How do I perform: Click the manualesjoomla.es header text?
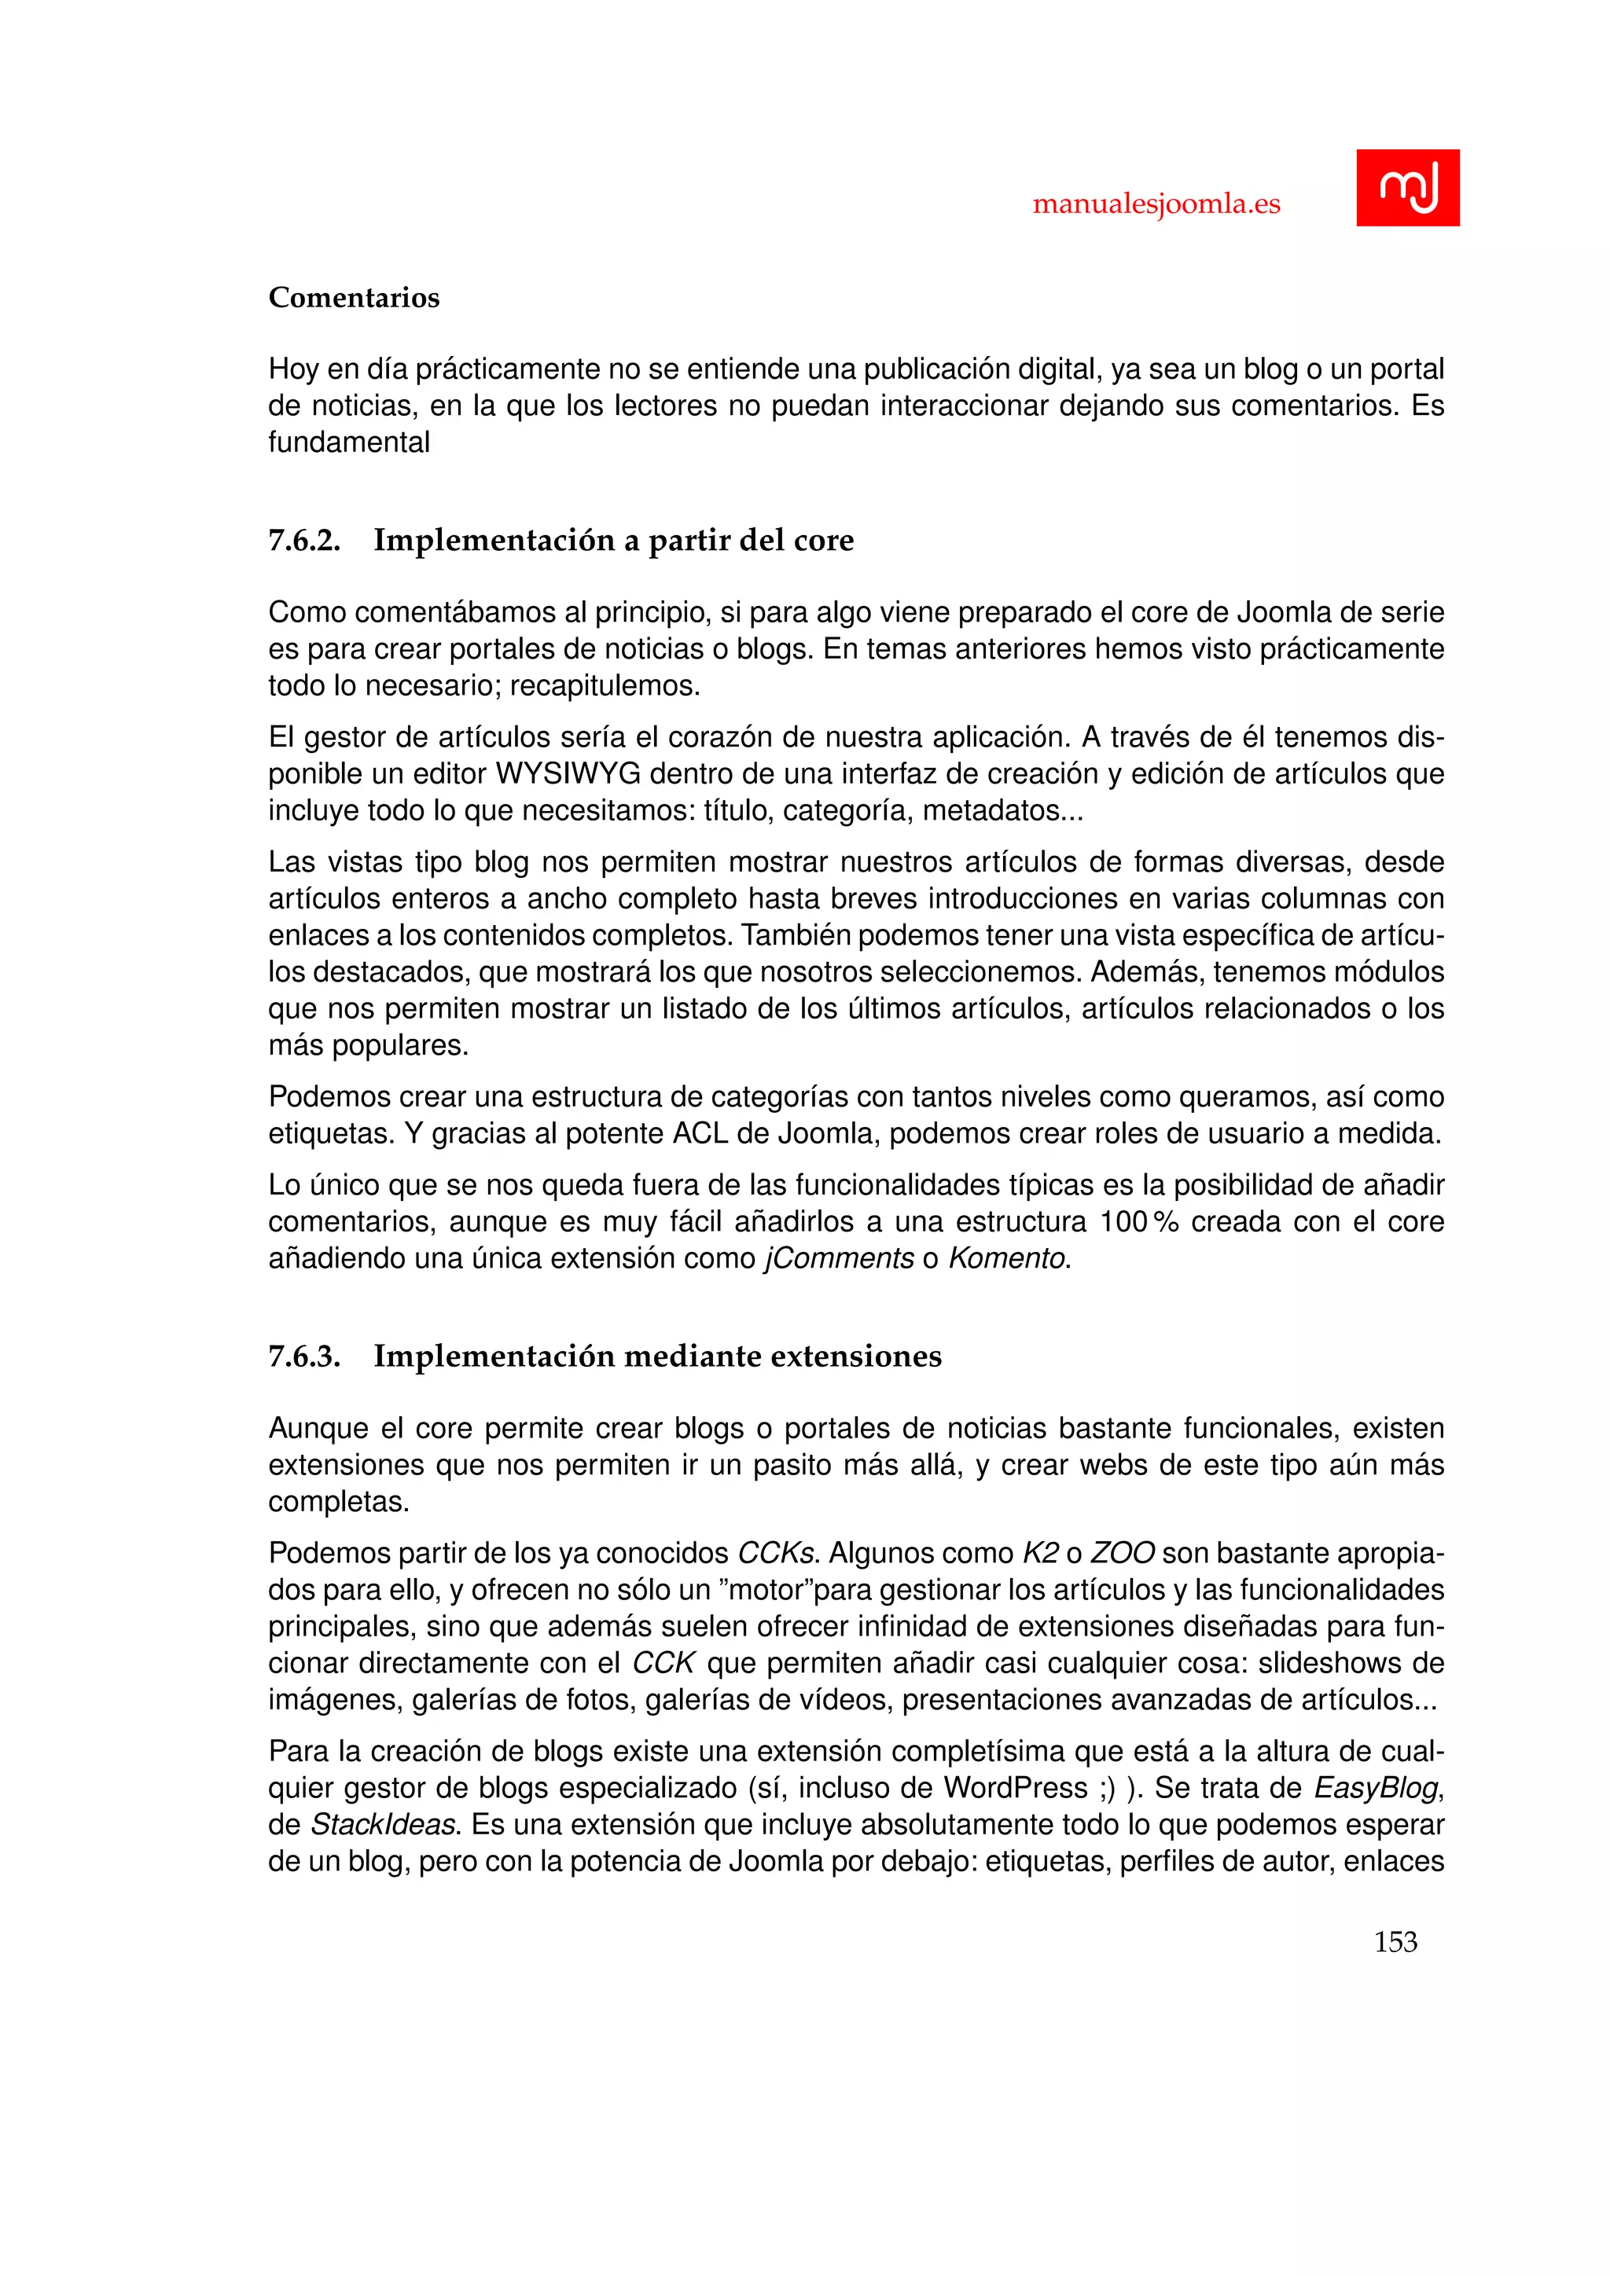[1156, 204]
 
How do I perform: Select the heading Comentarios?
[354, 297]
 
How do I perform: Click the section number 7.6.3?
[304, 1356]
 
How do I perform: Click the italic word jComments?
[839, 1258]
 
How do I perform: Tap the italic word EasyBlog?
[1375, 1787]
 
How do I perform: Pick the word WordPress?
[1015, 1787]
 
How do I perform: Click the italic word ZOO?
[1123, 1552]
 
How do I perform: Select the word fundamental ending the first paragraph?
[349, 442]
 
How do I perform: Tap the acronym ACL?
[700, 1133]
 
